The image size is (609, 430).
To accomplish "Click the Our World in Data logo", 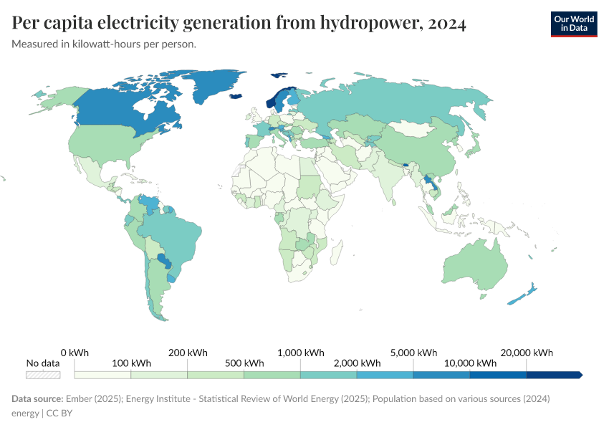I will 574,24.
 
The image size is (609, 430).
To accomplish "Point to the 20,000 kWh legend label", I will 527,353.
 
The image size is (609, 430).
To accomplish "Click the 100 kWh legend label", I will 131,363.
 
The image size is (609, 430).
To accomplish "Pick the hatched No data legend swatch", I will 43,375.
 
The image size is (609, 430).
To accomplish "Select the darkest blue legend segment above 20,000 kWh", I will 553,375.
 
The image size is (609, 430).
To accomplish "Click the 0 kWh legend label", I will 75,353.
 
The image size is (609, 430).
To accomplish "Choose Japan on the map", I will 473,149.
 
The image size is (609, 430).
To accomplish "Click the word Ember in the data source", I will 80,398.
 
